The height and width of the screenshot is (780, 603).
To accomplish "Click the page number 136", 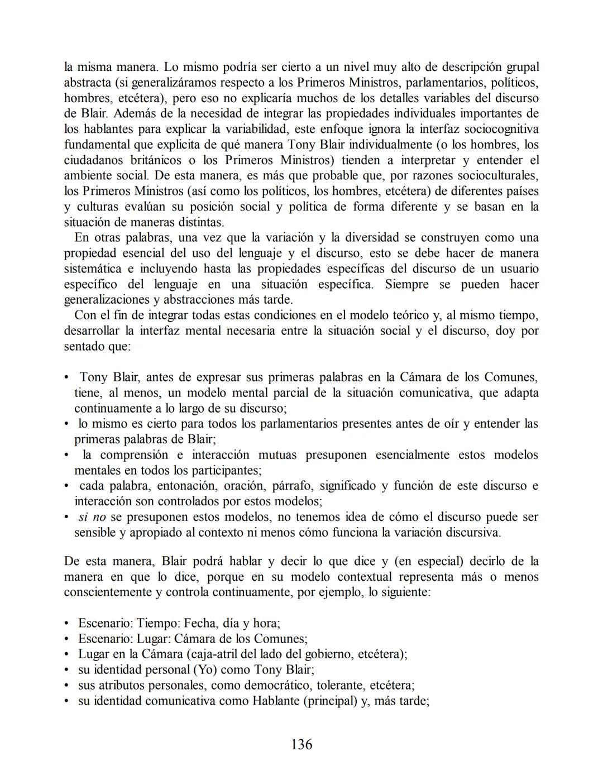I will pos(301,744).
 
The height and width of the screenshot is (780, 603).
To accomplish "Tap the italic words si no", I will pos(92,516).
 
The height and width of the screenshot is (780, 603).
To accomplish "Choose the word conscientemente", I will pos(113,592).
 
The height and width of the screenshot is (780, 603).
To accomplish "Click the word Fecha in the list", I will pos(199,623).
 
